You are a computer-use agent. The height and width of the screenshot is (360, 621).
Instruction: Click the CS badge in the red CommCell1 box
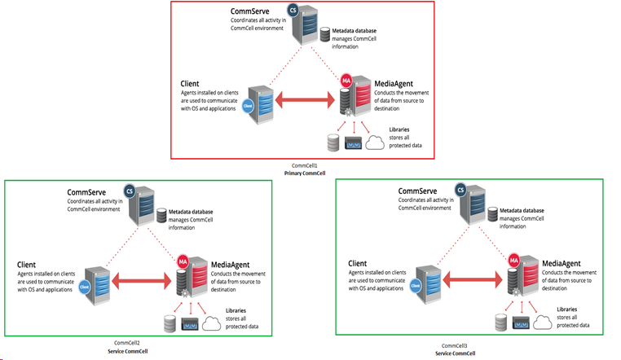(x=293, y=10)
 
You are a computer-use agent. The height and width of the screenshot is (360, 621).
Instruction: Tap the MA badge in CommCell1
(x=346, y=81)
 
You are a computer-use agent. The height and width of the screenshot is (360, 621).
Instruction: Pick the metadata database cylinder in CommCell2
(x=161, y=216)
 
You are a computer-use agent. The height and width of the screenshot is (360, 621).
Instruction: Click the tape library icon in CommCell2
(x=190, y=324)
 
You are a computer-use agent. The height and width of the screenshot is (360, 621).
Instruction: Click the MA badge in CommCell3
(x=513, y=261)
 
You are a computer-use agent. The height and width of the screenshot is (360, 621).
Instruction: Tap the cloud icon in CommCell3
(x=544, y=323)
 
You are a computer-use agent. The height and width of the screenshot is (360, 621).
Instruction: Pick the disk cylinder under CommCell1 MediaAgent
(x=332, y=144)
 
